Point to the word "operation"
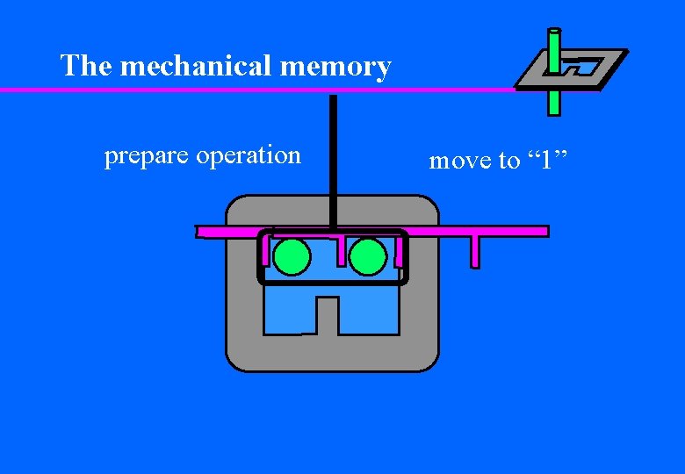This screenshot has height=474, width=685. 249,155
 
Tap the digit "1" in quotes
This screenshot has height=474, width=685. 547,160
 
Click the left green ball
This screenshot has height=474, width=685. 292,257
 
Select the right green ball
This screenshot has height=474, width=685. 367,257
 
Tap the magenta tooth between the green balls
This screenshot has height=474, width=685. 341,249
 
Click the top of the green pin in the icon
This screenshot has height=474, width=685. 554,35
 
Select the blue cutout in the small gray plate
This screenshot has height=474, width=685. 580,67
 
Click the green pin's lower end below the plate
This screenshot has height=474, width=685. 554,105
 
